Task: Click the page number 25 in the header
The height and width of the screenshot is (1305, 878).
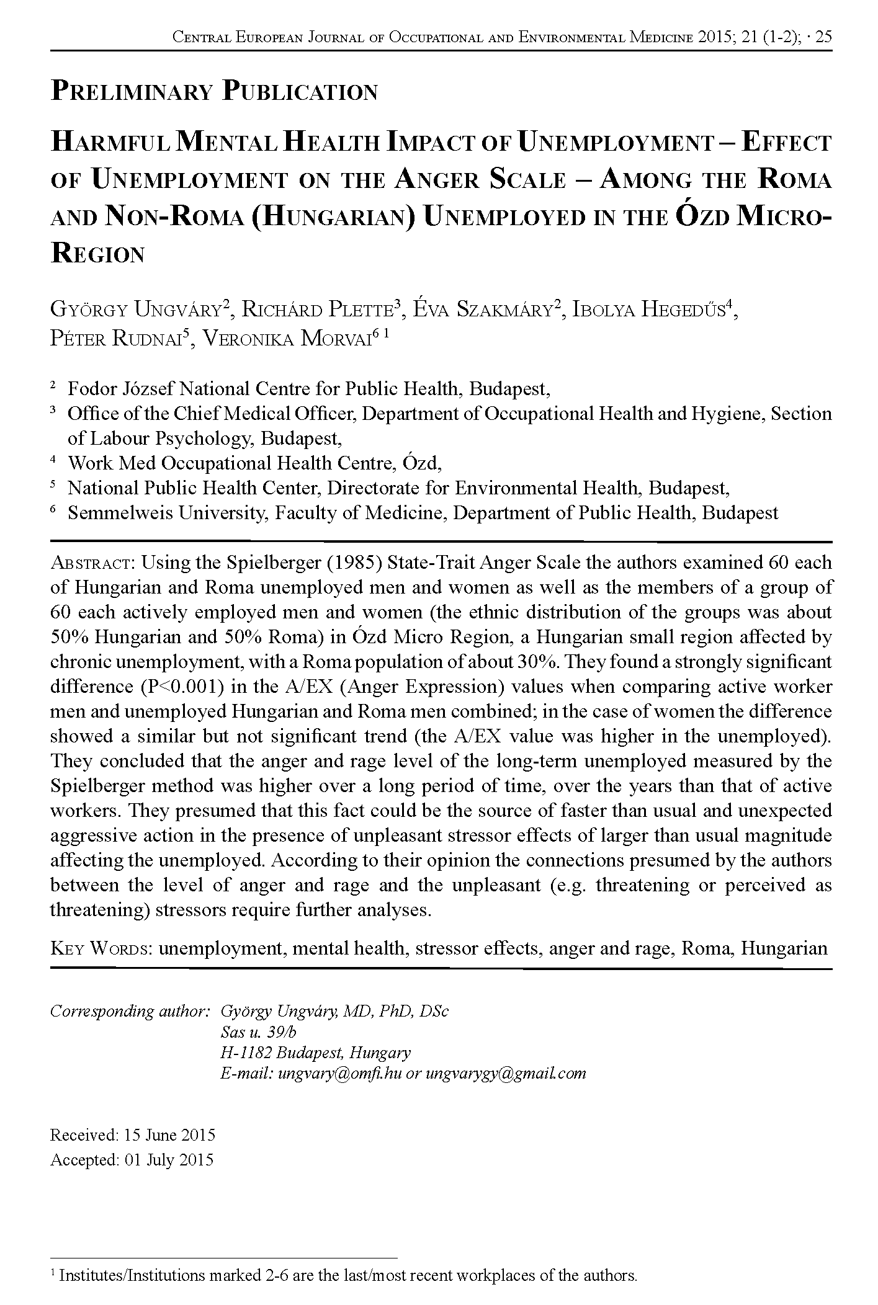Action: click(x=823, y=37)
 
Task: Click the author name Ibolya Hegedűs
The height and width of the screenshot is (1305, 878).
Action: click(x=649, y=308)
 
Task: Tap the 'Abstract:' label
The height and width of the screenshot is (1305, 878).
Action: click(x=92, y=563)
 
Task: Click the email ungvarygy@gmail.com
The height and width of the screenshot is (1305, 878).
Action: click(x=505, y=1074)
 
